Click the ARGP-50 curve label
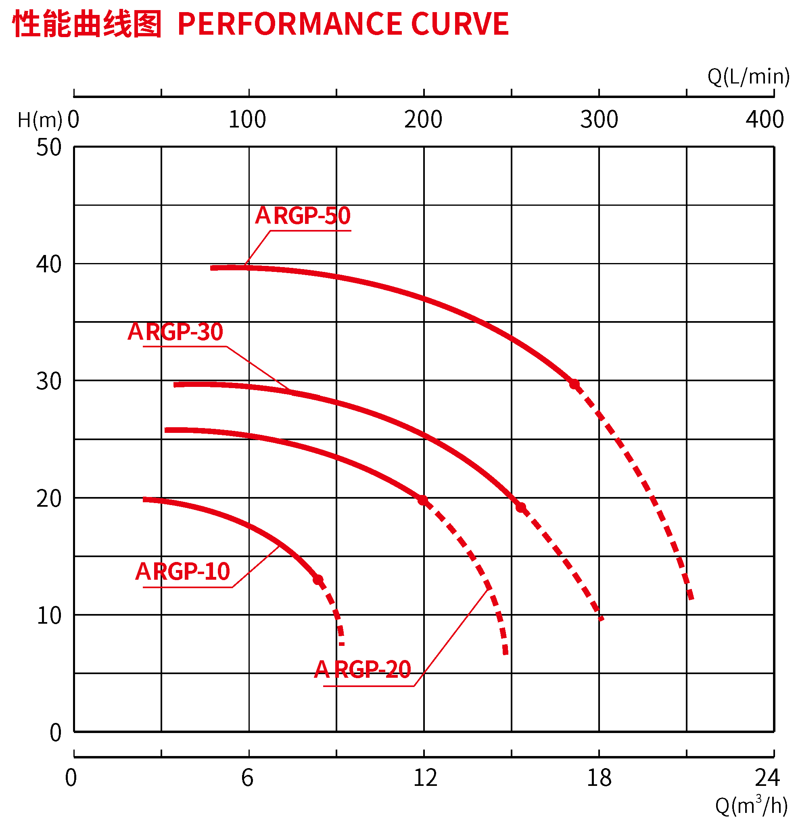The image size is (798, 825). [303, 216]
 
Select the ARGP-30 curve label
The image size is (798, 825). [175, 332]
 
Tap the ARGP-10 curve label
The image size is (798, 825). [182, 572]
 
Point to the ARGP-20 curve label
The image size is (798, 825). [362, 670]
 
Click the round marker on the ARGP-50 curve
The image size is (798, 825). [574, 384]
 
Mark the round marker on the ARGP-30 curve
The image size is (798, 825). [520, 508]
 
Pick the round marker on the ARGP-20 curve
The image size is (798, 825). [422, 500]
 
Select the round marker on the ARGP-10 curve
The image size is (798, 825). [318, 580]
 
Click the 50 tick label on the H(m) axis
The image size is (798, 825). [49, 148]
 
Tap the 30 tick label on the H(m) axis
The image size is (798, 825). [49, 381]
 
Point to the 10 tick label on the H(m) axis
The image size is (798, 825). [49, 616]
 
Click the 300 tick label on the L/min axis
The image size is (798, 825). [599, 119]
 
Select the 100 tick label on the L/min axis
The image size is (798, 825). [247, 119]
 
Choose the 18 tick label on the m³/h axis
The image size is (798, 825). [599, 778]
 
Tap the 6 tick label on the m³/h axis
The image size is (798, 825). [247, 778]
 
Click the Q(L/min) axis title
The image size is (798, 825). [748, 77]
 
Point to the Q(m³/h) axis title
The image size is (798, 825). [751, 806]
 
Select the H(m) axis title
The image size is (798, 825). [40, 120]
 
